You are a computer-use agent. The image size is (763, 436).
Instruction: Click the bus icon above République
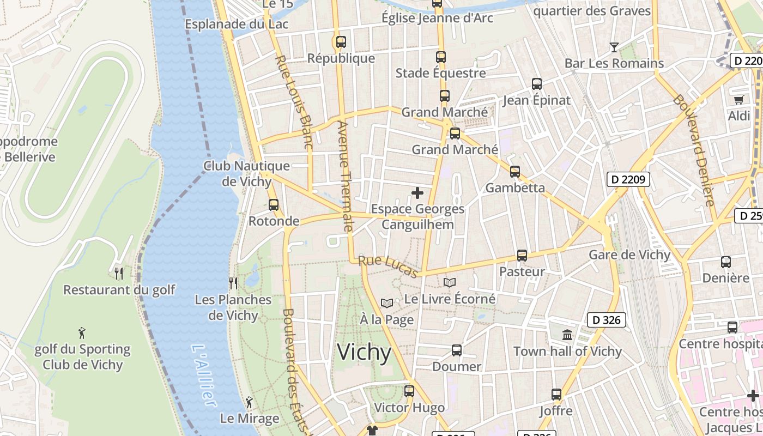341,41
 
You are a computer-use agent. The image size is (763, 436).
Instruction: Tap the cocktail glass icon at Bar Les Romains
614,47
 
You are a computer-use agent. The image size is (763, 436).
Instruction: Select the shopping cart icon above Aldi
738,100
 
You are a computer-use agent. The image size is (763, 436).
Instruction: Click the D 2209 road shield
628,179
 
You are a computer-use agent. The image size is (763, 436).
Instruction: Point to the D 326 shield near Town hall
606,320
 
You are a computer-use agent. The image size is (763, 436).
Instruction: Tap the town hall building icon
567,335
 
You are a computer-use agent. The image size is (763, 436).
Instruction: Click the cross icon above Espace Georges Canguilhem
417,193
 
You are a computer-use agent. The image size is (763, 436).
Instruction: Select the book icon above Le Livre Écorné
450,282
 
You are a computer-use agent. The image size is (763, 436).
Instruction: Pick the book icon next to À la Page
387,303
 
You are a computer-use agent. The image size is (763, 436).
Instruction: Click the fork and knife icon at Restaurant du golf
119,273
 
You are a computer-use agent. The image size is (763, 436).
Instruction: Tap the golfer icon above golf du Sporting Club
82,332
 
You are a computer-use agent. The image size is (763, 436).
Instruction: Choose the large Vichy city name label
364,353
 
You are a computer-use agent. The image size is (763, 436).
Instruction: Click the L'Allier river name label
204,376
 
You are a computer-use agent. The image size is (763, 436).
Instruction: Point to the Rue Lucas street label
389,267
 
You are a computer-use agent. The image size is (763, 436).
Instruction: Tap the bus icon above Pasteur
522,255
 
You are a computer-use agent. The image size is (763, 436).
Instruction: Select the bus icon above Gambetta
515,172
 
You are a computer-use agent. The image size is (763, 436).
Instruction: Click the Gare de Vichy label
629,255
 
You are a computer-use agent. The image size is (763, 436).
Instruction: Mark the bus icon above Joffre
556,394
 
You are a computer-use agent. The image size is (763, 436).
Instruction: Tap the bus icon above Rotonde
274,205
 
